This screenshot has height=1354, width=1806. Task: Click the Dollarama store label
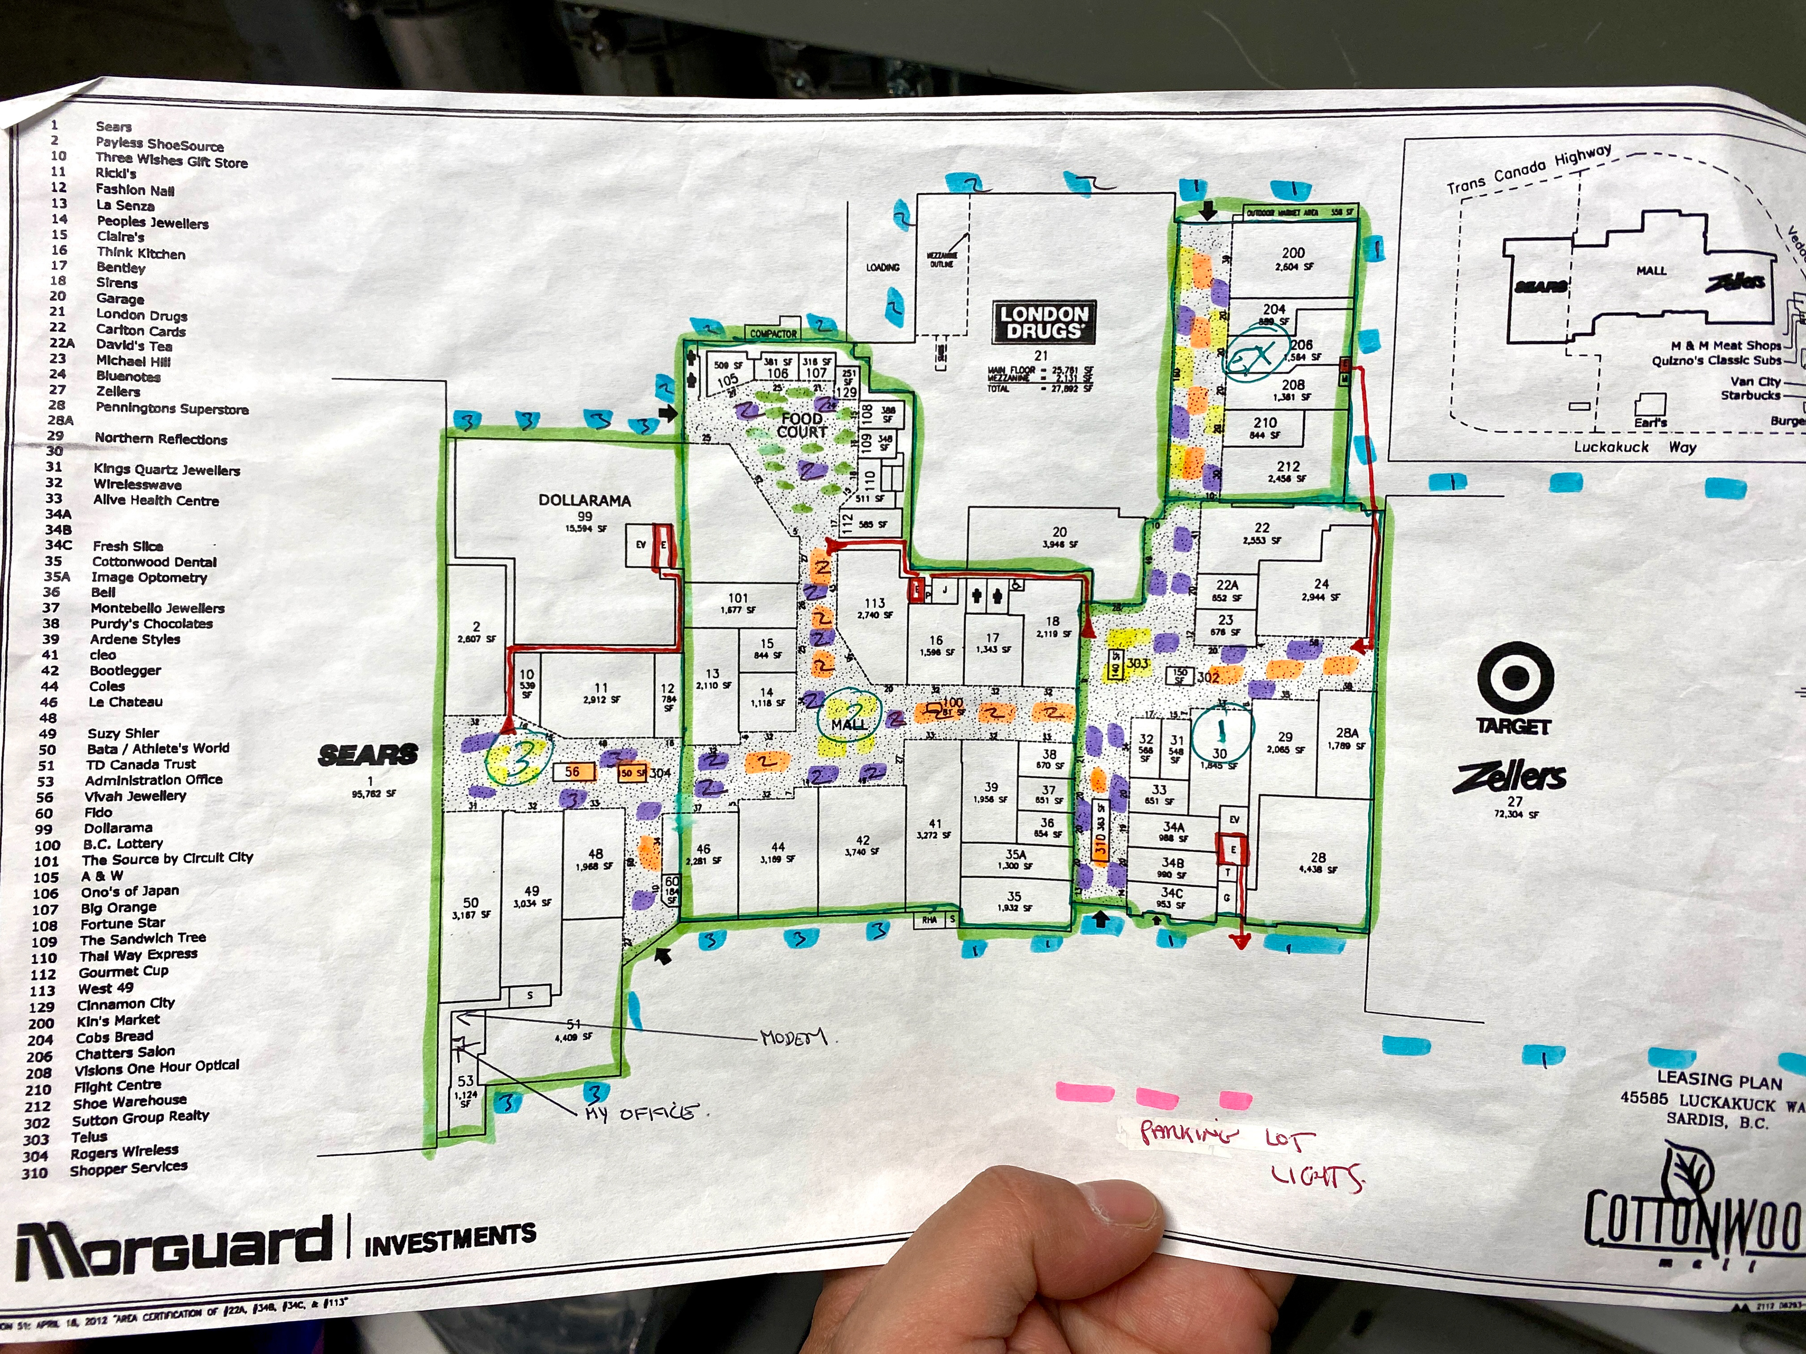coord(585,500)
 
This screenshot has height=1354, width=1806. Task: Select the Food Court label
coord(802,425)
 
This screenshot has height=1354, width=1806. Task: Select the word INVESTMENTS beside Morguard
coord(450,1239)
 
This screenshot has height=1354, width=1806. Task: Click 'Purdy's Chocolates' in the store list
coord(151,623)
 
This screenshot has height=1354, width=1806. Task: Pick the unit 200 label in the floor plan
coord(1293,253)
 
